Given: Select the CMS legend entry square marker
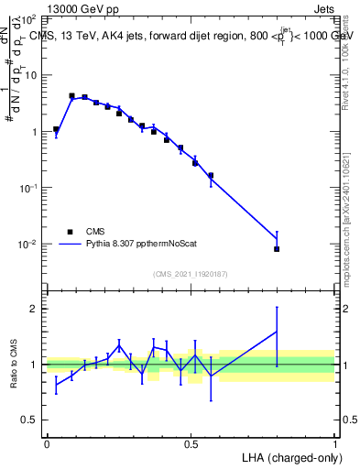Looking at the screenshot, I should click(x=70, y=232).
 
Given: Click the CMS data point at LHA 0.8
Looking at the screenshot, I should click(x=277, y=249).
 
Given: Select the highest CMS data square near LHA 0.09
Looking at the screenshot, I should click(x=72, y=95).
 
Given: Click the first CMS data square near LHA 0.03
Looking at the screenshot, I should click(x=56, y=129).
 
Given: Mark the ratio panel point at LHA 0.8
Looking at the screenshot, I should click(x=277, y=332).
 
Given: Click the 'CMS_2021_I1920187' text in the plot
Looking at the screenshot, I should click(x=191, y=274).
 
